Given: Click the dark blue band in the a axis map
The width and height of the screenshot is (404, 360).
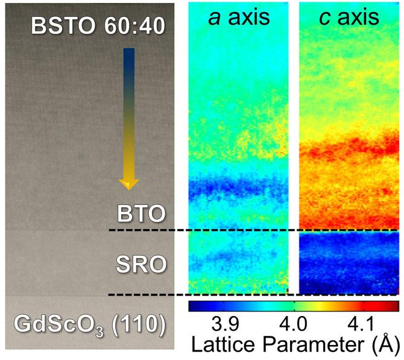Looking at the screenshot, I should [x=238, y=188].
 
